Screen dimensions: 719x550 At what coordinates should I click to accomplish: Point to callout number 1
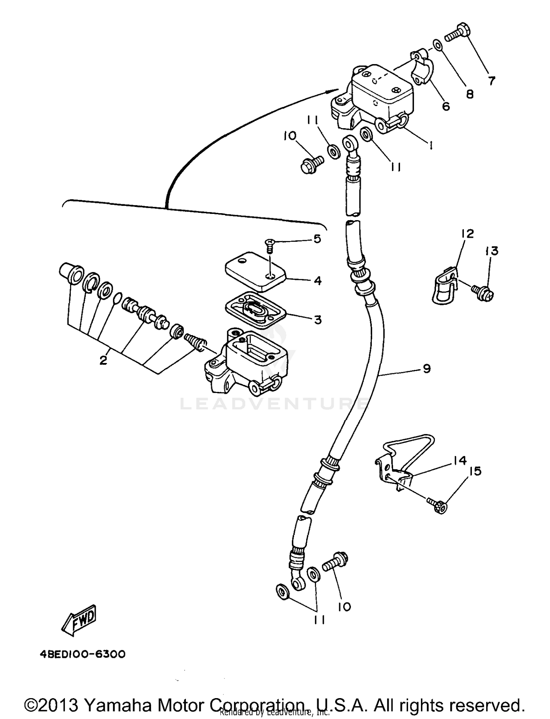[431, 145]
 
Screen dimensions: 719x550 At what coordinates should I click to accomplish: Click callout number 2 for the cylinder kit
[103, 360]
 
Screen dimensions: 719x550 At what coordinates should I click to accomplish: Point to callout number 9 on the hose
[426, 368]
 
